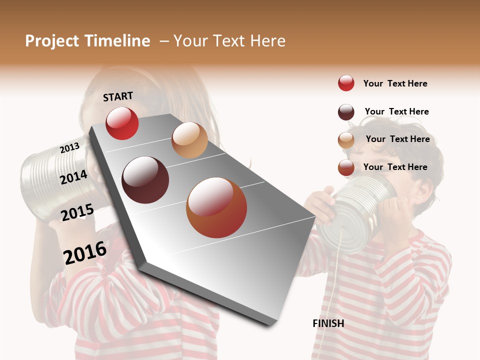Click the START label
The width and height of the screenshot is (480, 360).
(118, 96)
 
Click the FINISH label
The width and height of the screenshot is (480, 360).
(328, 323)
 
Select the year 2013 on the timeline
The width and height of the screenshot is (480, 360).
(69, 148)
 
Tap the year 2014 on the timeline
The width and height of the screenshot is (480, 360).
(73, 177)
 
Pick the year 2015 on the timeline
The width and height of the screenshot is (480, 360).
(77, 212)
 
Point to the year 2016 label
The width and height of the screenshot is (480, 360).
(85, 252)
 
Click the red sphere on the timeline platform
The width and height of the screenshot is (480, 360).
(122, 123)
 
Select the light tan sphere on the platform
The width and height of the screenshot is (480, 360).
(189, 140)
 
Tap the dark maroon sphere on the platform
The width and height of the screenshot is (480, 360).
(145, 180)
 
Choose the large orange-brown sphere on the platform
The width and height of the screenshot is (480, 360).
(216, 207)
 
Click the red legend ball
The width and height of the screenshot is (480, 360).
(346, 83)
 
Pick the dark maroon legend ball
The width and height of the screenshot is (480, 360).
(346, 112)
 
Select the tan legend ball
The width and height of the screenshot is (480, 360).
(346, 140)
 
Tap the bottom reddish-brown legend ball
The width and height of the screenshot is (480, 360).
(346, 167)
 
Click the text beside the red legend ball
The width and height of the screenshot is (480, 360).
(395, 83)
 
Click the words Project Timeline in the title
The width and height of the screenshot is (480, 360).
(87, 41)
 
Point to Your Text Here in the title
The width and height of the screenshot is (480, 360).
(229, 41)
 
